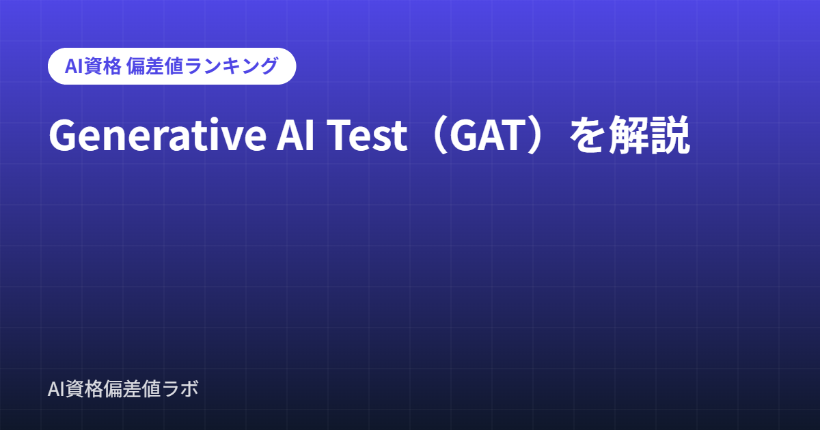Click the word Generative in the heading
pos(158,135)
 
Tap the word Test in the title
pos(367,135)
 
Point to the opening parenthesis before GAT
pos(439,135)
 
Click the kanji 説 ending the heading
pos(670,135)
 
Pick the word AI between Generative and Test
pos(295,135)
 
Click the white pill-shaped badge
pos(172,66)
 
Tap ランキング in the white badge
pos(232,66)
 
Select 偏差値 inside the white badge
pos(155,66)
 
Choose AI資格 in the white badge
pos(93,66)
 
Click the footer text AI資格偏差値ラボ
pos(123,388)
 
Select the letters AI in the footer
pos(57,388)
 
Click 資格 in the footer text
pos(85,388)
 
